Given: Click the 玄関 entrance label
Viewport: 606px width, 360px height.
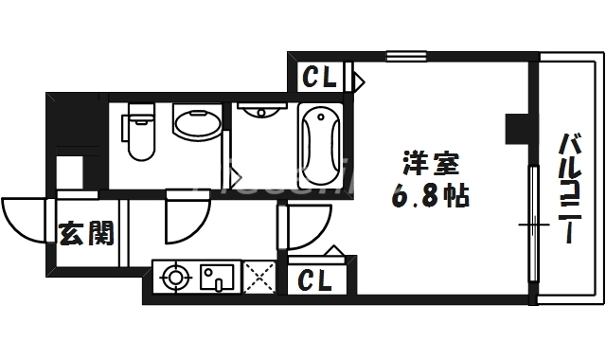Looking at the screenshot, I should [x=87, y=232].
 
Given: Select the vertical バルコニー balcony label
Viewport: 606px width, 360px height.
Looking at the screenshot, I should [x=569, y=189].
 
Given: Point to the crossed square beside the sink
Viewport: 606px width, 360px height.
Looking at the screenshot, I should [x=258, y=278].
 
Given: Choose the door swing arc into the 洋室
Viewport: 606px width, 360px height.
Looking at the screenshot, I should [x=303, y=228].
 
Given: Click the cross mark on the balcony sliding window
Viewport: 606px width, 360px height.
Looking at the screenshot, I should [x=533, y=225].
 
